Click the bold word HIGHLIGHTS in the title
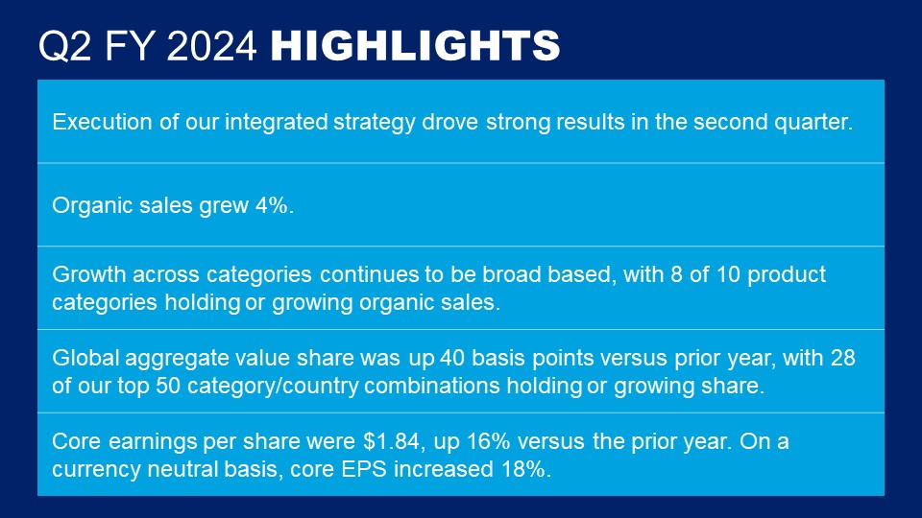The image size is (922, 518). [415, 45]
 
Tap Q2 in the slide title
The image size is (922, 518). [64, 46]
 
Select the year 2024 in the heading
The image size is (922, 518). [211, 46]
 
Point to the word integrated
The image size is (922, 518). [277, 122]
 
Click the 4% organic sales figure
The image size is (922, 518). [274, 205]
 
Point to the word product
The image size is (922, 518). [787, 275]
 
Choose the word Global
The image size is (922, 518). [85, 358]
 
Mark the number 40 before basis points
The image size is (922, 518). [452, 358]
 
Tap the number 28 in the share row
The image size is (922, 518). [842, 358]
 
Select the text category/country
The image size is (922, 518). [273, 387]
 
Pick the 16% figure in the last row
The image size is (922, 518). [488, 441]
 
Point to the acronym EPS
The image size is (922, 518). [364, 469]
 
